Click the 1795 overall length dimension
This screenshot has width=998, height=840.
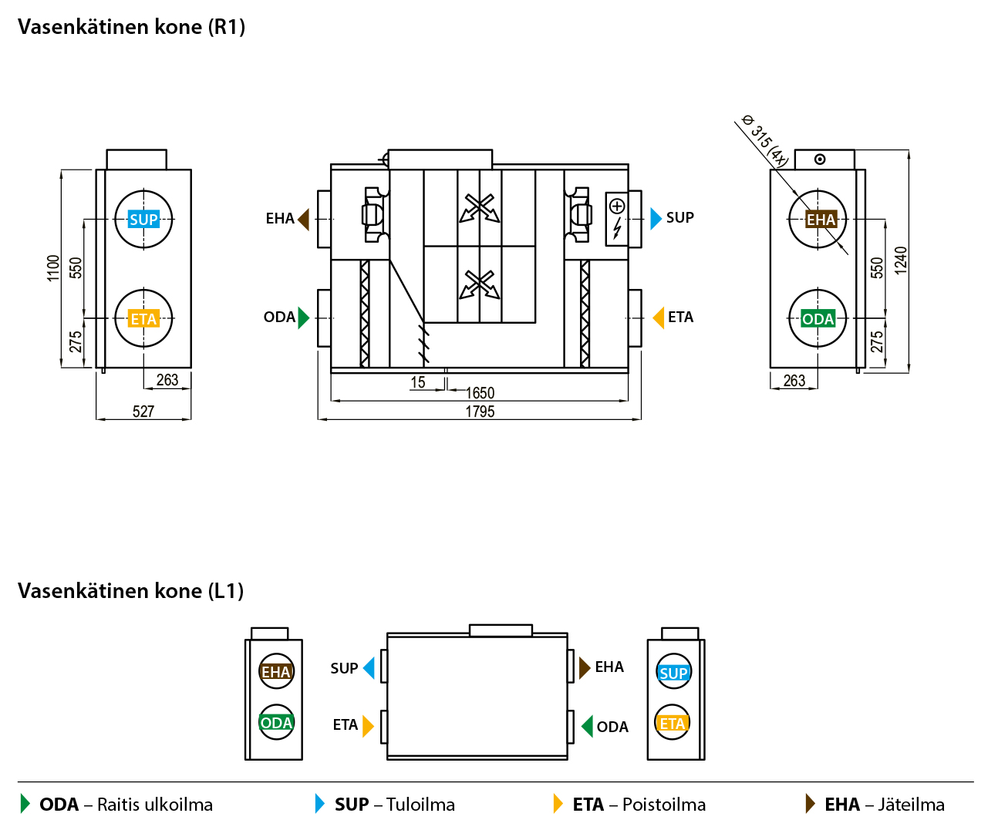click(480, 412)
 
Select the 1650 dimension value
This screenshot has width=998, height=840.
click(480, 393)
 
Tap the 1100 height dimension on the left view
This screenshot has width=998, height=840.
click(53, 267)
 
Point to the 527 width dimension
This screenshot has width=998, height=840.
click(143, 412)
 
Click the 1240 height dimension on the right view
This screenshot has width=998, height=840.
click(901, 260)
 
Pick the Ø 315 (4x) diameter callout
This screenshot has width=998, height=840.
click(764, 140)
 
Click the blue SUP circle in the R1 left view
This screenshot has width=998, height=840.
click(143, 220)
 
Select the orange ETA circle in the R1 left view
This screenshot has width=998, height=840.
click(143, 318)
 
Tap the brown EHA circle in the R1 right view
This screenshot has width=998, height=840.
click(819, 220)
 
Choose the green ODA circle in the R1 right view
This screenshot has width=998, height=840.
click(818, 318)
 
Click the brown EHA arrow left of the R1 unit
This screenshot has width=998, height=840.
click(303, 219)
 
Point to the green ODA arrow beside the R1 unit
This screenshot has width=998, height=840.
click(303, 318)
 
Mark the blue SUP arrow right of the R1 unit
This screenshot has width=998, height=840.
click(656, 218)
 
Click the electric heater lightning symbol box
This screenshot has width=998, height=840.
click(617, 219)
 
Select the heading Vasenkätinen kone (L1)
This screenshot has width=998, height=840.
click(131, 591)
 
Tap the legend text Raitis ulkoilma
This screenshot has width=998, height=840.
click(154, 805)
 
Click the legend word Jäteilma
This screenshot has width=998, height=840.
click(911, 805)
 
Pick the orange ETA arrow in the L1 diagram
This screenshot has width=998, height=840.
click(368, 725)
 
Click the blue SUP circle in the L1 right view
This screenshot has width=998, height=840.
click(673, 673)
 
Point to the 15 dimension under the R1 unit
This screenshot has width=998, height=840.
click(418, 382)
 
